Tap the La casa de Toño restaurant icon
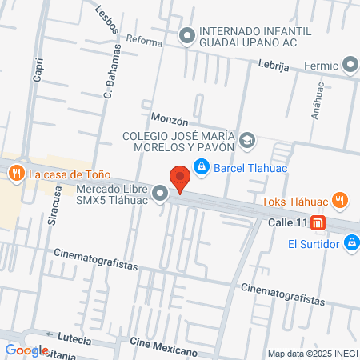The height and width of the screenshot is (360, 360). [14, 172]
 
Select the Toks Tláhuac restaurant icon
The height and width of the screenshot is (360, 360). [340, 201]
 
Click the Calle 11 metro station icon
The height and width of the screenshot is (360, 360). [318, 222]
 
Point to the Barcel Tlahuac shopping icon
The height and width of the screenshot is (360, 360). [202, 167]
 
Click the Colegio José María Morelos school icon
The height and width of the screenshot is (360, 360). [247, 142]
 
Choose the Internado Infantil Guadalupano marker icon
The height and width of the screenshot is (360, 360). [187, 35]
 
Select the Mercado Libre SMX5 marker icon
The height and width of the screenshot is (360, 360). [161, 193]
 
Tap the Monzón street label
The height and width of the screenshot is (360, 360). [170, 122]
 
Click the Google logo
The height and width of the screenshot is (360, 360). [26, 350]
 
